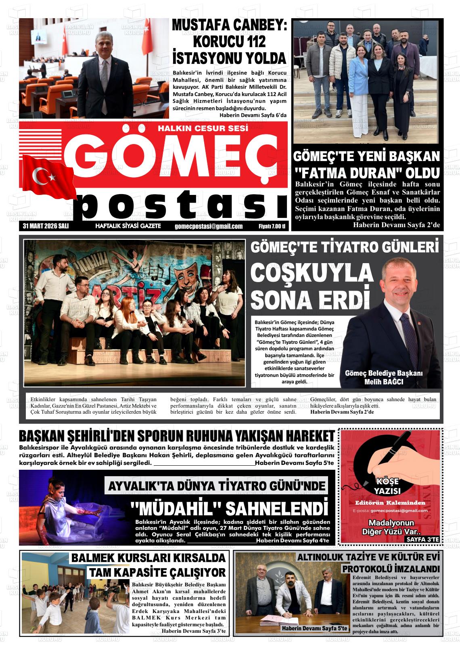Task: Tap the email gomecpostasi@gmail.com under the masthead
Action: pyautogui.click(x=209, y=226)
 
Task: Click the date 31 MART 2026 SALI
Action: pyautogui.click(x=46, y=226)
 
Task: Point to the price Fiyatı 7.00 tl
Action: pyautogui.click(x=272, y=226)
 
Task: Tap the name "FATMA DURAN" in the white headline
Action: pyautogui.click(x=337, y=173)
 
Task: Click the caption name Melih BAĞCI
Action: pyautogui.click(x=383, y=382)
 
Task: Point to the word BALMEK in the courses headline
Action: pyautogui.click(x=93, y=558)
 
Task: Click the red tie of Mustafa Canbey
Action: pyautogui.click(x=105, y=77)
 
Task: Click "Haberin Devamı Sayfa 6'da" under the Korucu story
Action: pyautogui.click(x=253, y=115)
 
